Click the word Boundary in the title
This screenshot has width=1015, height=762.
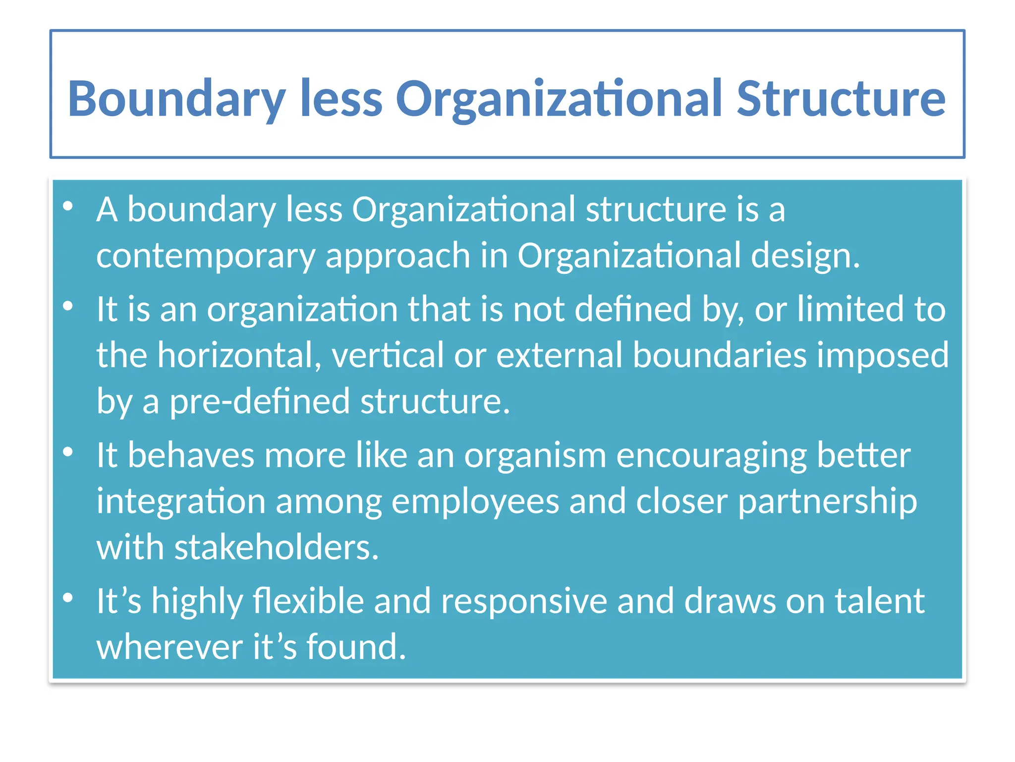point(176,99)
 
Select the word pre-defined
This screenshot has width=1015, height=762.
point(260,401)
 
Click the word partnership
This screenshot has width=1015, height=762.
point(827,502)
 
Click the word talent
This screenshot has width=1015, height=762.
point(880,601)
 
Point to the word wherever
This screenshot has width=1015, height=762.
point(169,647)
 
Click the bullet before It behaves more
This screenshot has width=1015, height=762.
point(68,452)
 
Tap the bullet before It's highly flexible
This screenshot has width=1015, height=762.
point(68,598)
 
